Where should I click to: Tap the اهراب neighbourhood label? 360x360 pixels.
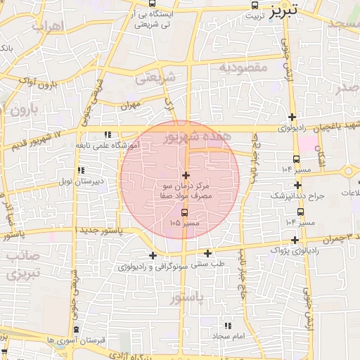(48, 27)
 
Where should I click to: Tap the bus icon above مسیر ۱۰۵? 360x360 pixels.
(184, 212)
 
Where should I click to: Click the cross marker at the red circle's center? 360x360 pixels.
(186, 175)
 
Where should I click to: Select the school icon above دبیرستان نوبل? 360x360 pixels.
(82, 170)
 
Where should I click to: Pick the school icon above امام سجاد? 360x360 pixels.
(227, 326)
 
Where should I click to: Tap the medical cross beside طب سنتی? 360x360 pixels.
(208, 253)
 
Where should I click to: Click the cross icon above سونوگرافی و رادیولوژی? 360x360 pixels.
(153, 255)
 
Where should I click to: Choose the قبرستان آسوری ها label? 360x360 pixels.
(77, 340)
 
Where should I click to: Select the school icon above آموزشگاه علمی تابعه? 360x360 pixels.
(108, 134)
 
